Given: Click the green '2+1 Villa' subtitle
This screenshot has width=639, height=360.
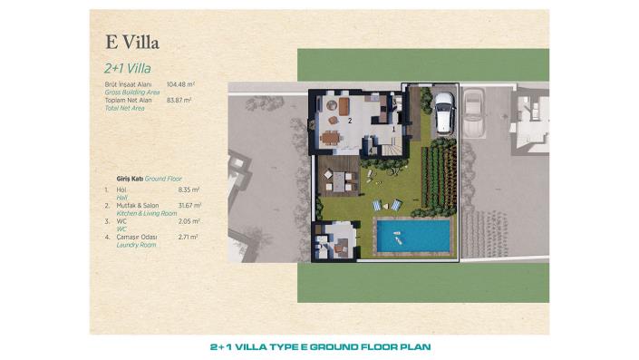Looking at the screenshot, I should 127,67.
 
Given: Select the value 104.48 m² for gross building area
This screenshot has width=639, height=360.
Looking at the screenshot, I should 181,84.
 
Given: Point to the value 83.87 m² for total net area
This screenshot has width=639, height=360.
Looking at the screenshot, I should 179,100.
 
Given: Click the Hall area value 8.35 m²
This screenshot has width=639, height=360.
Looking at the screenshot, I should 189,190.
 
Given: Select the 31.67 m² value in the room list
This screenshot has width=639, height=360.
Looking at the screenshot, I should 189,206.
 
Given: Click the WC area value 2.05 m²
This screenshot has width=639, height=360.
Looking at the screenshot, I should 189,221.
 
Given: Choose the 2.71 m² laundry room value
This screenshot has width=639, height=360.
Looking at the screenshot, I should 189,237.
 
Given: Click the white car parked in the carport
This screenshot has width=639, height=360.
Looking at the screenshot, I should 444,112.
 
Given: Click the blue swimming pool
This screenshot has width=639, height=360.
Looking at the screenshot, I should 413,237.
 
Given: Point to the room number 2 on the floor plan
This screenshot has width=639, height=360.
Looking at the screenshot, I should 349,120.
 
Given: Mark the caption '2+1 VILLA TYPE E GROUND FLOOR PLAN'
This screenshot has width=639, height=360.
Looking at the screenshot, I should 320,346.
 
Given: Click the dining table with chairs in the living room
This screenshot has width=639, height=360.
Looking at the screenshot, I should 330,137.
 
